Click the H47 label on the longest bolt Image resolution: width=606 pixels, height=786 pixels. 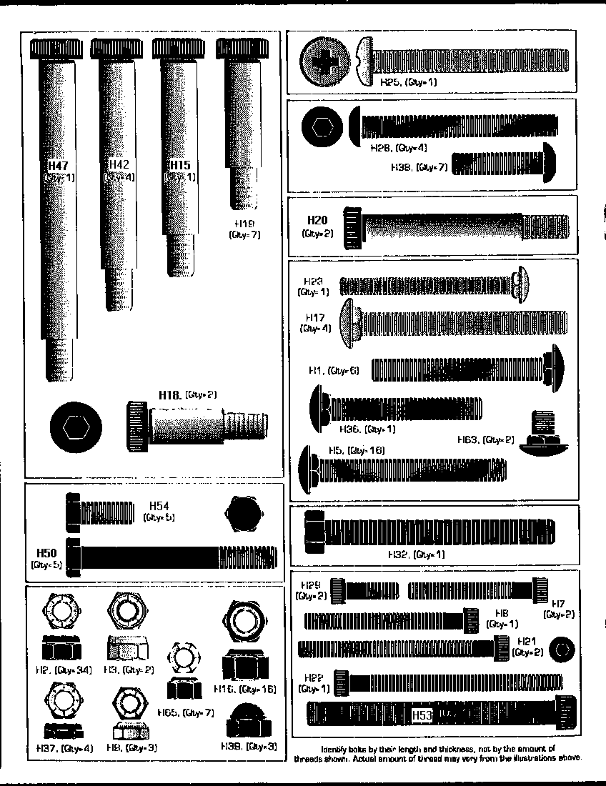[57, 166]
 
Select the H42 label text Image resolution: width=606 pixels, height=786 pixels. [119, 165]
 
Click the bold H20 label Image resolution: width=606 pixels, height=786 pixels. [317, 220]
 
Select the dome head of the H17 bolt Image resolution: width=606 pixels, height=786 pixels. [348, 323]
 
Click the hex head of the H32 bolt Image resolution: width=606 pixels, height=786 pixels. [314, 532]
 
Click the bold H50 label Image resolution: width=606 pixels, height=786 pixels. [46, 552]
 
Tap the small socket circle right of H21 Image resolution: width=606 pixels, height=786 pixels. [564, 650]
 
